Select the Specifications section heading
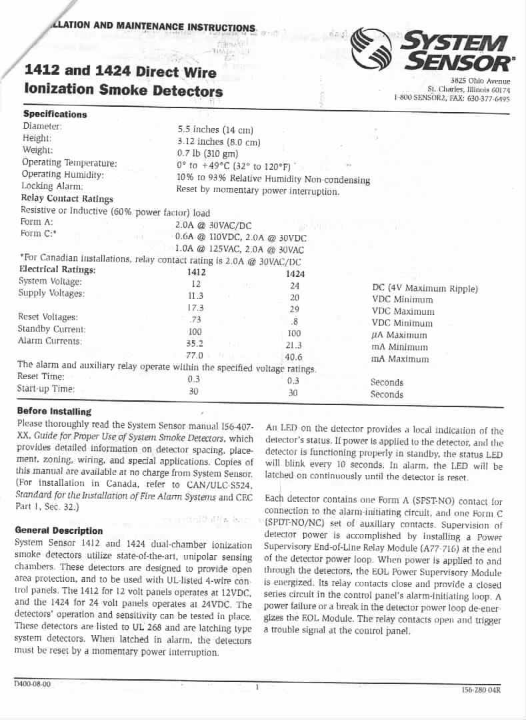[55, 114]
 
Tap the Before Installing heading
[54, 411]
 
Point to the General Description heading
[59, 530]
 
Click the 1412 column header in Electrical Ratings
[197, 272]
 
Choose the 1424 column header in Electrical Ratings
[295, 274]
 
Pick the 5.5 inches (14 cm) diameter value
[215, 129]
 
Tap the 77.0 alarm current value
[195, 356]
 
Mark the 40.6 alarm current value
[293, 357]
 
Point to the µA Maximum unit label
[399, 335]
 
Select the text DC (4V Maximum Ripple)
[425, 288]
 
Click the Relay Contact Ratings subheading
[67, 198]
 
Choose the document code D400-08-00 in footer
[32, 684]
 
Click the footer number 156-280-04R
[481, 690]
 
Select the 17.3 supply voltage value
[195, 308]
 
